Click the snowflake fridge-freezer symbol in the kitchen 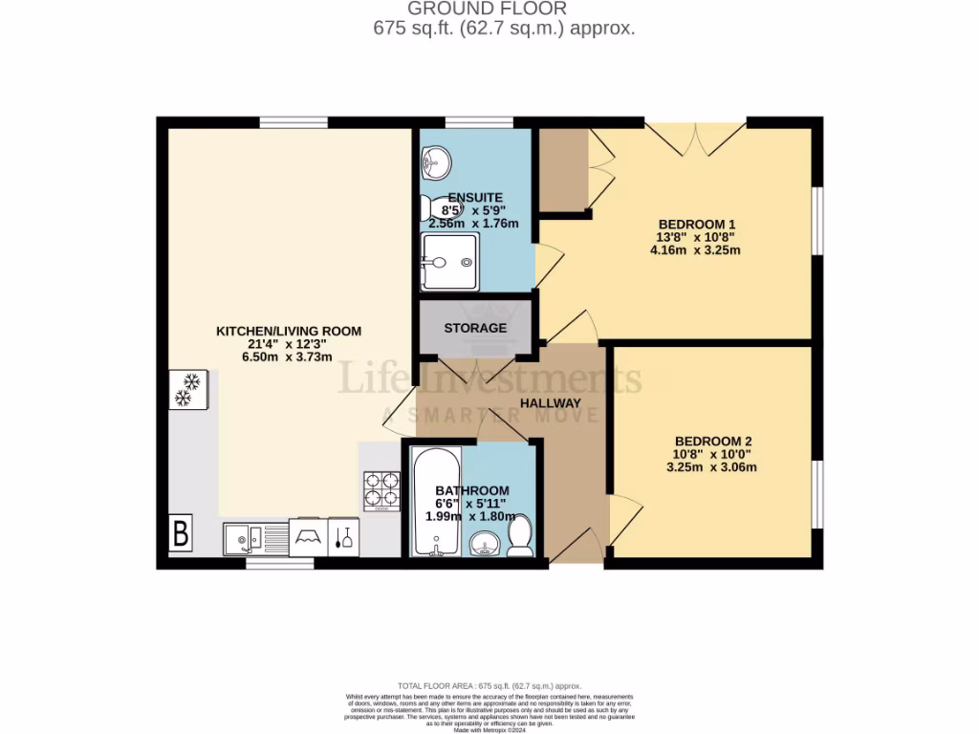click(185, 390)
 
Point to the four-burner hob click(381, 490)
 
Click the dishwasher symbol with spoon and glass click(344, 537)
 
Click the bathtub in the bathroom click(436, 503)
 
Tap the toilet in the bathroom click(521, 537)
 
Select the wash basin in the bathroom click(486, 545)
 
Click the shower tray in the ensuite click(448, 261)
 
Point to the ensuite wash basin click(436, 163)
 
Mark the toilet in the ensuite click(439, 206)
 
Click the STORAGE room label click(475, 328)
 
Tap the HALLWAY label click(551, 403)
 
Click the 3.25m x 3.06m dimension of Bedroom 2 click(711, 467)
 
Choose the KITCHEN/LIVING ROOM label click(289, 331)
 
